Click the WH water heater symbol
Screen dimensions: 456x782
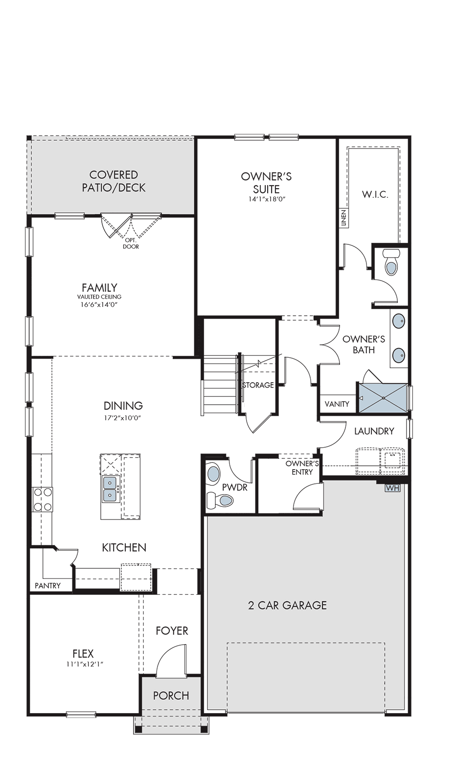click(x=392, y=488)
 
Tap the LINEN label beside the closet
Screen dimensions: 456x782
click(x=344, y=218)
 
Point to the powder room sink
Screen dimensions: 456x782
click(x=213, y=475)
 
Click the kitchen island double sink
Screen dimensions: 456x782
click(x=110, y=489)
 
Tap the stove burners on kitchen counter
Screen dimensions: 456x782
click(x=42, y=499)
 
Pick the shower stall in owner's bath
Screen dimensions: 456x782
click(x=383, y=398)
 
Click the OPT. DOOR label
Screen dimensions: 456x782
click(x=131, y=243)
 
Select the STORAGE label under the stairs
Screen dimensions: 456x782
click(x=258, y=385)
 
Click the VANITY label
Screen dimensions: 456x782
click(x=337, y=404)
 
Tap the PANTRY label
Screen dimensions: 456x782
click(x=48, y=586)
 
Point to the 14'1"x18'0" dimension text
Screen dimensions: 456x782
click(x=266, y=199)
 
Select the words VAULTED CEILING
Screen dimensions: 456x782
click(x=99, y=297)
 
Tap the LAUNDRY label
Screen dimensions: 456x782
click(x=374, y=431)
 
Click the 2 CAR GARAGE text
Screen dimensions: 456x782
click(x=287, y=605)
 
